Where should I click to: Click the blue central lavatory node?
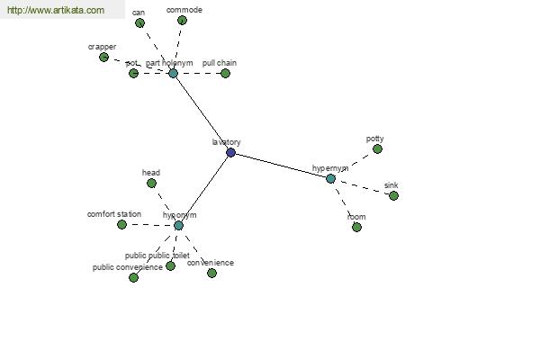click(230, 153)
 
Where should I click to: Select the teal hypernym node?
click(330, 178)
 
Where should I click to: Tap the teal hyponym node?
click(178, 225)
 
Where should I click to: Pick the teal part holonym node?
click(173, 73)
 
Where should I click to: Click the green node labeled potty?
click(377, 149)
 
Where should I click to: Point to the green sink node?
click(393, 195)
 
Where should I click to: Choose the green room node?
click(356, 227)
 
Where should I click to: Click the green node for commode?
click(182, 20)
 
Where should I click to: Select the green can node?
click(139, 22)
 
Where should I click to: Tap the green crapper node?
click(103, 57)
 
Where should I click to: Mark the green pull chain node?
click(225, 73)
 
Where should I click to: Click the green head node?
click(151, 183)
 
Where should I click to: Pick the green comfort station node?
click(121, 224)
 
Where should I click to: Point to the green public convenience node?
click(133, 277)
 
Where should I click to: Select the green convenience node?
click(211, 273)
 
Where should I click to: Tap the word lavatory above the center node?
click(226, 142)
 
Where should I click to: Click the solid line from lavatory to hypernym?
click(281, 166)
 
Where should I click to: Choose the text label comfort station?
click(114, 214)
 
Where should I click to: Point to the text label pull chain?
click(220, 63)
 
